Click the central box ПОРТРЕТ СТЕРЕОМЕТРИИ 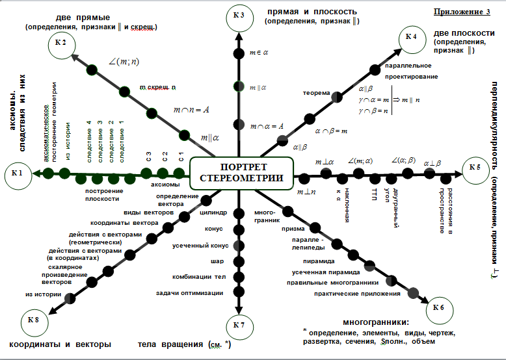(x=241, y=172)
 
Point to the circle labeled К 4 (x=411, y=36)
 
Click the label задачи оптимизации (x=190, y=293)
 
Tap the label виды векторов (x=148, y=212)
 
